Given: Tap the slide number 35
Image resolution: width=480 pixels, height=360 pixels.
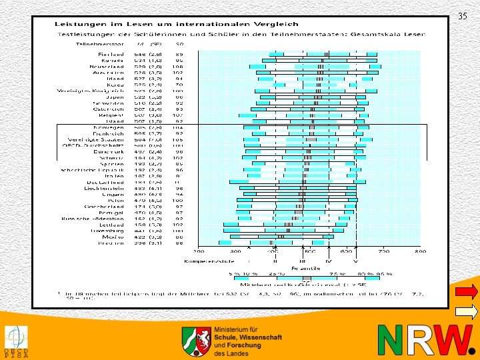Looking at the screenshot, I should pyautogui.click(x=463, y=17).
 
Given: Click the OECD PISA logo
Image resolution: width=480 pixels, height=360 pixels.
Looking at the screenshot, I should pyautogui.click(x=15, y=341).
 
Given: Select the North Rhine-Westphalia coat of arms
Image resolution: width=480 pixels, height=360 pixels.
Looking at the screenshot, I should pyautogui.click(x=197, y=341).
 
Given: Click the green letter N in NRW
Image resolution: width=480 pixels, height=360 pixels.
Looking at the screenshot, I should pyautogui.click(x=390, y=341).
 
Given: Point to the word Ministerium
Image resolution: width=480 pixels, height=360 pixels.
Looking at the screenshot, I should pyautogui.click(x=235, y=330).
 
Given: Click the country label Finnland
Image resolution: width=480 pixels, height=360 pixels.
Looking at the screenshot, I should pyautogui.click(x=111, y=54).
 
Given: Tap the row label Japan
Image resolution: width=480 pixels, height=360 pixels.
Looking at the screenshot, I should pyautogui.click(x=115, y=97).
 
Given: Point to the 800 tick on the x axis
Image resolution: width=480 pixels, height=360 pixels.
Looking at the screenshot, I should pyautogui.click(x=420, y=252).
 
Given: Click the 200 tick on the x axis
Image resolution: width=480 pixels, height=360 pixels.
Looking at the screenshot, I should pyautogui.click(x=199, y=252).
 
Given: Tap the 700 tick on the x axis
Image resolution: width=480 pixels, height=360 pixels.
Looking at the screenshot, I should pyautogui.click(x=383, y=252).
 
